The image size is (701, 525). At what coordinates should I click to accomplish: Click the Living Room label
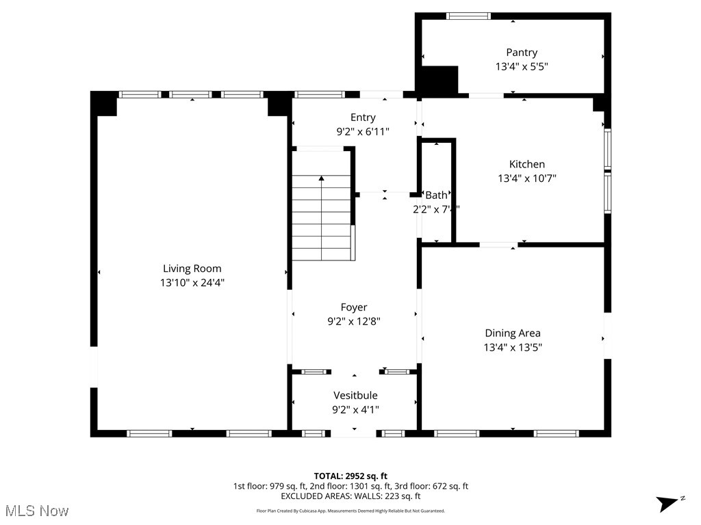tap(192, 269)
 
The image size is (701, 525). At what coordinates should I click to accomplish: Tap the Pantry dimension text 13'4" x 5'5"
tap(522, 66)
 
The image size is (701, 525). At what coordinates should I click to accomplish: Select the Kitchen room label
tap(526, 164)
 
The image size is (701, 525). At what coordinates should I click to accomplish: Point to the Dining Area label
tap(513, 333)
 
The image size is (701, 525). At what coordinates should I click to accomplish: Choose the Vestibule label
tap(355, 395)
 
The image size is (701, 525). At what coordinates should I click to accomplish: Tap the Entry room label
tap(363, 118)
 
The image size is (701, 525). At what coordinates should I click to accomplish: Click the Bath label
tap(436, 196)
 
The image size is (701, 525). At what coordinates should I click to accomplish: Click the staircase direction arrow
tap(322, 179)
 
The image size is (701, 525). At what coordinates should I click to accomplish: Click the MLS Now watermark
tap(37, 511)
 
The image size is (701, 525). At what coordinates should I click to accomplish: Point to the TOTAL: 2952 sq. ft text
tap(350, 476)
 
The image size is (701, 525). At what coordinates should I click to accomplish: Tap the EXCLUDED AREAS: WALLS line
tap(350, 496)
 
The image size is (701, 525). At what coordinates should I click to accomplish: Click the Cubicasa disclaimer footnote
tap(350, 511)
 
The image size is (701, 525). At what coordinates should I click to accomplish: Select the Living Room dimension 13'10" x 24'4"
tap(192, 282)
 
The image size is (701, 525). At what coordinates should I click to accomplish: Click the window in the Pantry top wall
tap(468, 16)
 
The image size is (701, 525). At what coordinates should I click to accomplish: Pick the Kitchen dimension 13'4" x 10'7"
tap(526, 178)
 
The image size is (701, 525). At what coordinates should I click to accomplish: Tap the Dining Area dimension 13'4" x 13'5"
tap(513, 347)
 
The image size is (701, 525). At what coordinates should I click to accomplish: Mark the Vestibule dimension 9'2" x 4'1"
tap(355, 409)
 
